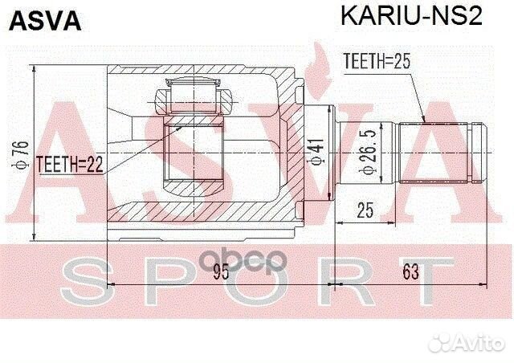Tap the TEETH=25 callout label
click(377, 60)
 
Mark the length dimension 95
click(222, 271)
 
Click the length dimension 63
click(411, 271)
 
